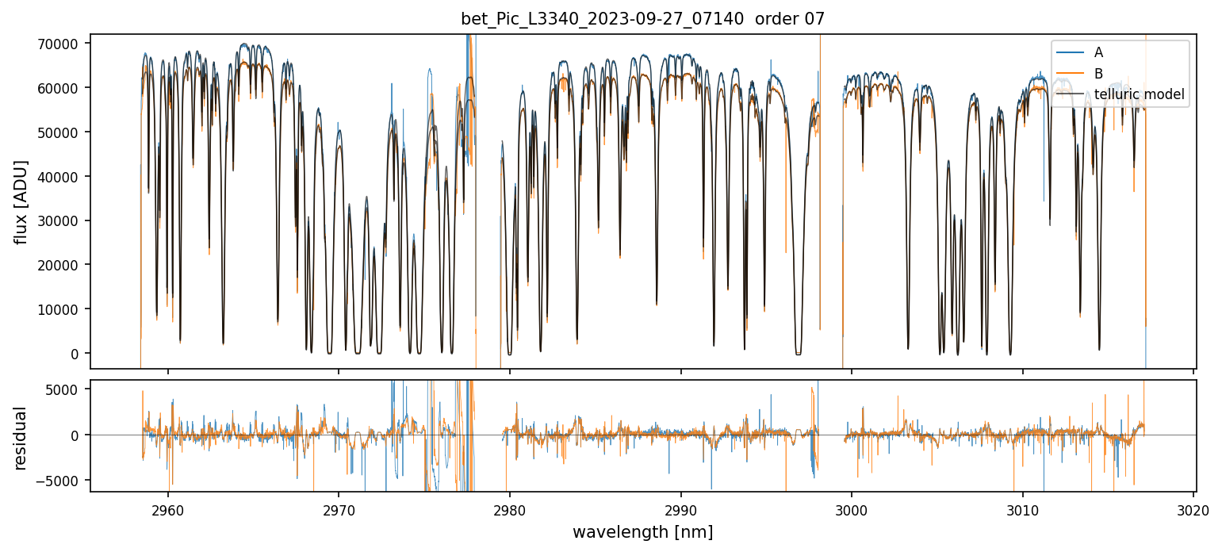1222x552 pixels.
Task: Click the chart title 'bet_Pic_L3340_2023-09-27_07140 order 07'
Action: tap(642, 19)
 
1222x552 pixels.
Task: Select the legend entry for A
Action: tap(1098, 52)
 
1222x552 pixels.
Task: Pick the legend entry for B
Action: tap(1098, 74)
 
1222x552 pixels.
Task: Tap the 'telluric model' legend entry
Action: tap(1139, 94)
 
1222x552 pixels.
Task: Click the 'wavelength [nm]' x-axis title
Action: tap(642, 532)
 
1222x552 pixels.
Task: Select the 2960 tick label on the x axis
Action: tap(167, 508)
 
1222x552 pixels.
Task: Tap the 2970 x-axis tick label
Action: tap(339, 508)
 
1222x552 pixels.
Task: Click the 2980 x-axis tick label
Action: tap(509, 508)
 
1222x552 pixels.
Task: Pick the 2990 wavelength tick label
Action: tap(680, 508)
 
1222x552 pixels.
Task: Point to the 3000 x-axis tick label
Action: tap(852, 508)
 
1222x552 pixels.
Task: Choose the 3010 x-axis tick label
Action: tap(1022, 508)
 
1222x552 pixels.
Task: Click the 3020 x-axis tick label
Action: tap(1193, 508)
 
